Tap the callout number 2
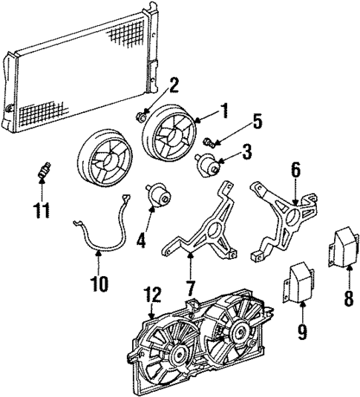click(174, 85)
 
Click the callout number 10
click(99, 283)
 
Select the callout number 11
click(42, 211)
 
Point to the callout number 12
click(151, 295)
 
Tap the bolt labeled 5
click(208, 141)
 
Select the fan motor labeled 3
click(208, 164)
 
